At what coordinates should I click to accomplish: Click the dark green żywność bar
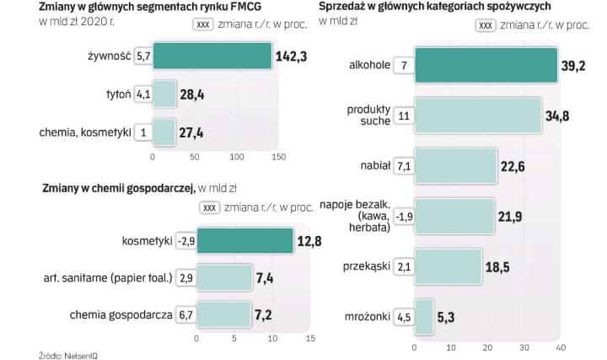click(212, 56)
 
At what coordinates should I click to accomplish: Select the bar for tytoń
click(164, 94)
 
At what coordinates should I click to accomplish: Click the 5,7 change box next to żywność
click(142, 56)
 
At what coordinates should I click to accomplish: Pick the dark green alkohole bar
click(486, 66)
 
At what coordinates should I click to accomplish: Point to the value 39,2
click(575, 67)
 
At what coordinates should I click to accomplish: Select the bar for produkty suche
click(477, 116)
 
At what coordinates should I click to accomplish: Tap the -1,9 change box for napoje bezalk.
click(404, 216)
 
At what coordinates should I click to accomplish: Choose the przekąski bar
click(448, 266)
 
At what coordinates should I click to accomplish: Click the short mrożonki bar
click(424, 316)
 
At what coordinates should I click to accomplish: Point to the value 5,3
click(446, 317)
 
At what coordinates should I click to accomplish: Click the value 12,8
click(310, 242)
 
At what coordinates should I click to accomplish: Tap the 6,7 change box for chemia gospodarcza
click(185, 315)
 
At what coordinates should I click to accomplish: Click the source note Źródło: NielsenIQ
click(68, 355)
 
